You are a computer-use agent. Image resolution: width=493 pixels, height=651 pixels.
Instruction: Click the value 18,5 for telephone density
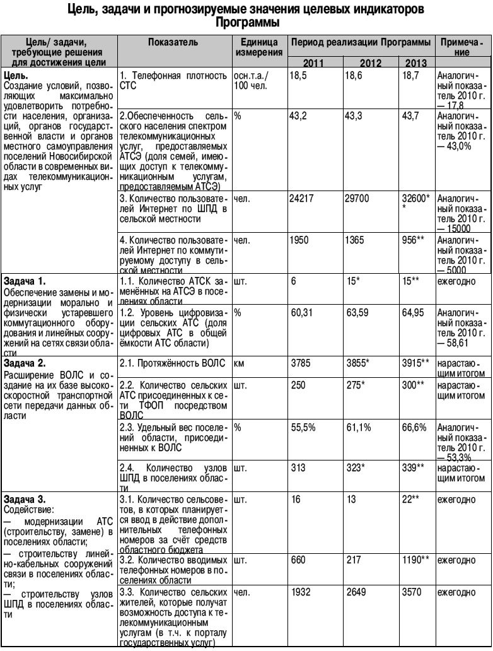(299, 75)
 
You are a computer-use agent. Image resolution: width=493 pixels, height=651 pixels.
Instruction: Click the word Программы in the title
(246, 21)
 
